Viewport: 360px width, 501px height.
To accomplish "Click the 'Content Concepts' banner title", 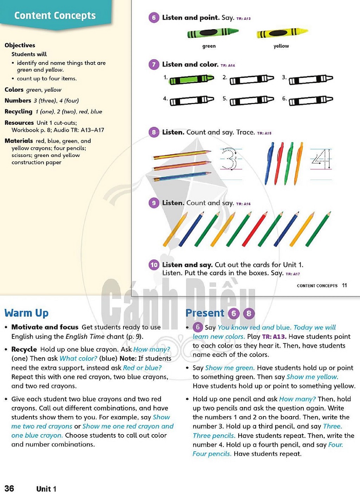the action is click(55, 15).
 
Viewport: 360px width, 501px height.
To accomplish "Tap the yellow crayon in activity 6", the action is click(282, 33).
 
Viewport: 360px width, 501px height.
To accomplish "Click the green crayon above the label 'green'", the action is click(213, 33).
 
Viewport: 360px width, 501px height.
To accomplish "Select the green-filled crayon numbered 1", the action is click(191, 79).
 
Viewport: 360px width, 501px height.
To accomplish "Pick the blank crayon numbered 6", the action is click(311, 100).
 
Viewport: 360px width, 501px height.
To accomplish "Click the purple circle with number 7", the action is click(154, 64).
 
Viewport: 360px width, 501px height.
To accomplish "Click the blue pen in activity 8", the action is click(269, 163).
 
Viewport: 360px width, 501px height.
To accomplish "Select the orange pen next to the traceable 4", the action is click(298, 163).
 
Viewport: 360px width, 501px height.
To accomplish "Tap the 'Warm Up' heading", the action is click(26, 313).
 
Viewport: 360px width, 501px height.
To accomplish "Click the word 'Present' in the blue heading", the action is click(205, 313).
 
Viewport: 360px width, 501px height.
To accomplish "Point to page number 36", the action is click(9, 488).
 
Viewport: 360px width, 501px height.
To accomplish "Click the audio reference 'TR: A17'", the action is click(292, 274).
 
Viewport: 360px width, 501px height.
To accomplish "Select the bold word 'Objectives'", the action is click(20, 45).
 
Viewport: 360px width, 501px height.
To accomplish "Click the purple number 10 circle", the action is click(154, 265).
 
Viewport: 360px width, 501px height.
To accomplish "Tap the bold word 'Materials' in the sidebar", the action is click(19, 141).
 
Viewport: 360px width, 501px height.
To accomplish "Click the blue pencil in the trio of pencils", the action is click(182, 176).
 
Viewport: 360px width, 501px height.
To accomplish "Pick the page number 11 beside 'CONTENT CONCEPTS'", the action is click(344, 285).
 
